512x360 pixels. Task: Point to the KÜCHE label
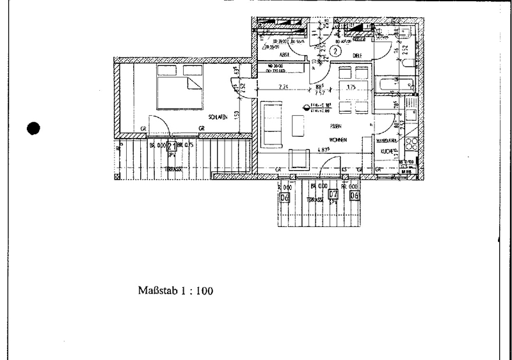(386, 152)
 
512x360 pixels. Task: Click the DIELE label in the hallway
(358, 56)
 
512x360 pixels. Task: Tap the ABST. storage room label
(284, 55)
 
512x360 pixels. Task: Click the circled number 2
(336, 47)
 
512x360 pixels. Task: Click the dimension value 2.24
(284, 88)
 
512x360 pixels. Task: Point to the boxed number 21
(171, 146)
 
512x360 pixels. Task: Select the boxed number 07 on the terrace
(333, 195)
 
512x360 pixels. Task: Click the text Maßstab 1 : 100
(175, 290)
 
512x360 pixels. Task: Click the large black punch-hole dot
(35, 128)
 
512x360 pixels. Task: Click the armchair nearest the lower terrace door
(298, 158)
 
